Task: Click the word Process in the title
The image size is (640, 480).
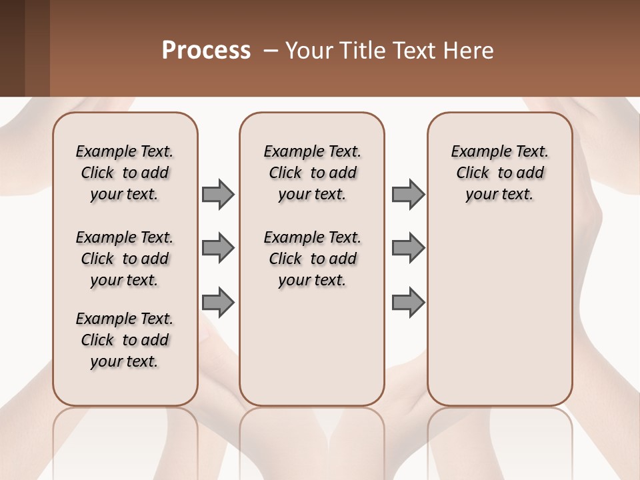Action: [x=206, y=51]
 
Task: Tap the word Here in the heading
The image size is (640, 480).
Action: [x=468, y=51]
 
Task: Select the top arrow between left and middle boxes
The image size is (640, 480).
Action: [x=218, y=195]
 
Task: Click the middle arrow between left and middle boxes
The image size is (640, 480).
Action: [x=218, y=248]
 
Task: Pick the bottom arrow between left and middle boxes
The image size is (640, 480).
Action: [x=218, y=302]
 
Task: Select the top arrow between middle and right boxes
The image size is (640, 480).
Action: [x=408, y=195]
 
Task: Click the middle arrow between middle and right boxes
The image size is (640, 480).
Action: [x=408, y=248]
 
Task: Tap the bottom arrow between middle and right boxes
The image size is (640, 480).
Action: [x=408, y=302]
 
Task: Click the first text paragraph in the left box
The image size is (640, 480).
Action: [x=125, y=173]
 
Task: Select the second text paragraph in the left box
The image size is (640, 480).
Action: [x=125, y=259]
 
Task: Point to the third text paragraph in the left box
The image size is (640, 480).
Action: [x=125, y=340]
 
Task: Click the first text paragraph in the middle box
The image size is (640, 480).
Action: [x=313, y=173]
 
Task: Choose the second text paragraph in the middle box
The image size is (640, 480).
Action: [x=313, y=259]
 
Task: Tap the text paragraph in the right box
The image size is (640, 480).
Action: [x=500, y=173]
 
